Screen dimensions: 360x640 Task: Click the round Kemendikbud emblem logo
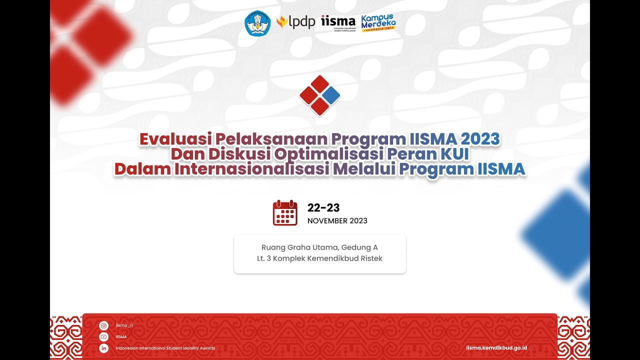coord(257,23)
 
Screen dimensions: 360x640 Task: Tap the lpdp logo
coord(296,22)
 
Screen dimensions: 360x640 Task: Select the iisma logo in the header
coord(338,22)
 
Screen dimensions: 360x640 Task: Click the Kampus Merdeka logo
coord(378,22)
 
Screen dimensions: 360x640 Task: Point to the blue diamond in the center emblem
coord(331,95)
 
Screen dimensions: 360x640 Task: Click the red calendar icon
coord(285,213)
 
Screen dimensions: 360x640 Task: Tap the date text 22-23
coord(323,208)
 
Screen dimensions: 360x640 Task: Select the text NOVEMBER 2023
coord(337,221)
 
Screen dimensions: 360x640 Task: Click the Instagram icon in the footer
coord(104,325)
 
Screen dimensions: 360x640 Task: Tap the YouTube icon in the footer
coord(104,337)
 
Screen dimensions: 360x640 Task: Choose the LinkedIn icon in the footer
coord(104,348)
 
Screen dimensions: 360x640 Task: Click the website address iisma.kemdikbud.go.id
coord(496,347)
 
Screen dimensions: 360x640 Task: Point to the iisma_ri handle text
coord(124,325)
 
